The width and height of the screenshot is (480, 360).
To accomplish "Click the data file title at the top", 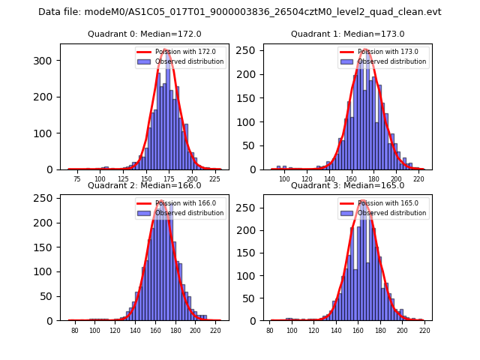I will pyautogui.click(x=240, y=12).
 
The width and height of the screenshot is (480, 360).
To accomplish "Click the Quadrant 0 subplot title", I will pyautogui.click(x=145, y=34).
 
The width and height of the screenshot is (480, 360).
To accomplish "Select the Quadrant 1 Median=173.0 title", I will pyautogui.click(x=348, y=34).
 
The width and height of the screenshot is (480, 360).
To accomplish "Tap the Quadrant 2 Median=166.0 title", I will pyautogui.click(x=145, y=185).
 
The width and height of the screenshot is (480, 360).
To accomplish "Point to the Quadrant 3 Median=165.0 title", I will pyautogui.click(x=348, y=185).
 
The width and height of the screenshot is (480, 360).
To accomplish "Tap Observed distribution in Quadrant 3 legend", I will pyautogui.click(x=391, y=213).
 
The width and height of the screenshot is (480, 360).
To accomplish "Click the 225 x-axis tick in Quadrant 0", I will pyautogui.click(x=215, y=179).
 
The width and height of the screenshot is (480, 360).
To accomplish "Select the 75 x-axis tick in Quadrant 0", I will pyautogui.click(x=76, y=179).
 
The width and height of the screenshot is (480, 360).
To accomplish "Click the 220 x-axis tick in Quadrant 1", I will pyautogui.click(x=419, y=179).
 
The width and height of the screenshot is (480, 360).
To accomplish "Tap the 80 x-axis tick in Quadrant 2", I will pyautogui.click(x=74, y=330).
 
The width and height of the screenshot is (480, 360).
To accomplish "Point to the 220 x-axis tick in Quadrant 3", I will pyautogui.click(x=424, y=330).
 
